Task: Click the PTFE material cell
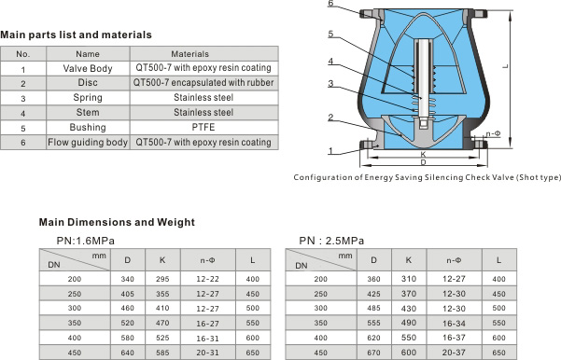point(203,127)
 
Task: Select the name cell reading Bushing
point(88,127)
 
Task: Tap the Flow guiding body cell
point(88,143)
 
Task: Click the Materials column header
point(189,54)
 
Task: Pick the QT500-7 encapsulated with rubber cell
point(203,83)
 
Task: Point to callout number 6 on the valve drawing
point(330,3)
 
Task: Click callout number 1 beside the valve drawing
point(330,151)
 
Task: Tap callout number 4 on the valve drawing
point(330,62)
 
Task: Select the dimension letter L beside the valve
point(505,66)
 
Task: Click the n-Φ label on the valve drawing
point(493,133)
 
